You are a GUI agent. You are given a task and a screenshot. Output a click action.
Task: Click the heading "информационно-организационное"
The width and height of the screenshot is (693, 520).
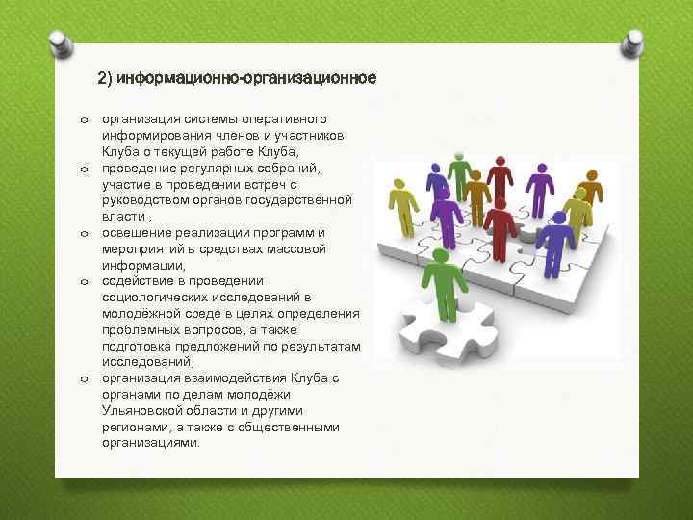(x=238, y=77)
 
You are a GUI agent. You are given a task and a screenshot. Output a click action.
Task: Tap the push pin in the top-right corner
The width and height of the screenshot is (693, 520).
(x=635, y=41)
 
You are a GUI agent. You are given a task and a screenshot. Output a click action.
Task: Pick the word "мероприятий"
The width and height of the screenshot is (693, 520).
(x=142, y=248)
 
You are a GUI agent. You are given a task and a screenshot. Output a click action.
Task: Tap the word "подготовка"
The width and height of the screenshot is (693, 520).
(x=139, y=347)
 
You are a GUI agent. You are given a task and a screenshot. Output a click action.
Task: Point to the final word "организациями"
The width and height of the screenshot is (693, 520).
(x=151, y=444)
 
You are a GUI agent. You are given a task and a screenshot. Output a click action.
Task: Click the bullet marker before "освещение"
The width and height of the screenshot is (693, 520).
(x=85, y=233)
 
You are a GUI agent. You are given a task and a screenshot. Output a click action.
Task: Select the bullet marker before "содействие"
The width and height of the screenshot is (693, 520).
(x=85, y=282)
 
